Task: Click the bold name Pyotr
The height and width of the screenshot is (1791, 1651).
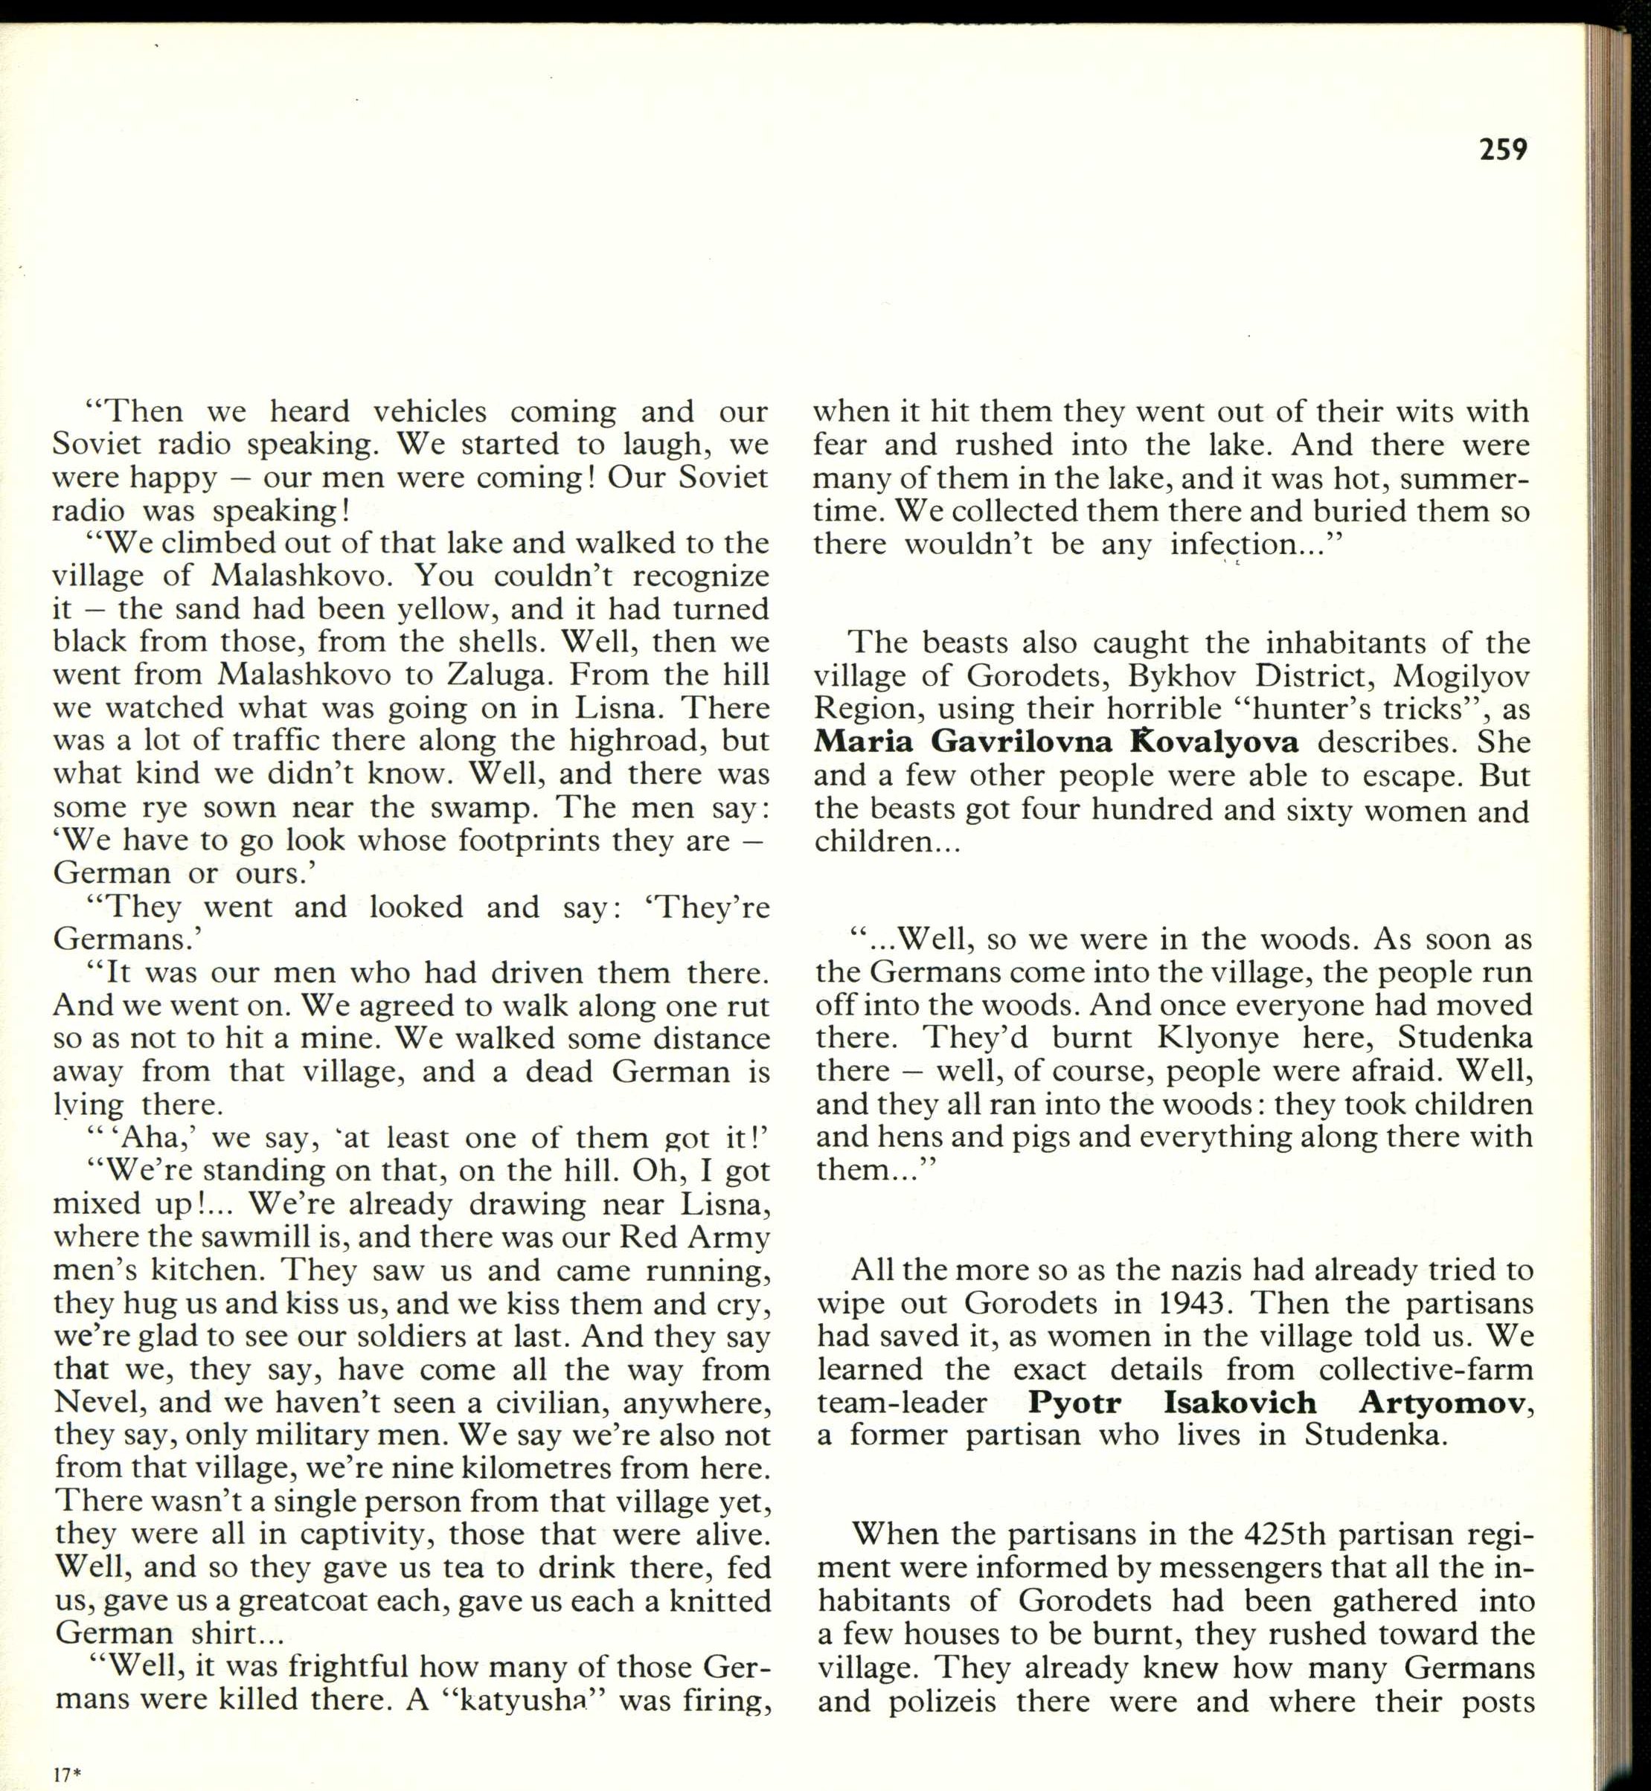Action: pos(1074,1403)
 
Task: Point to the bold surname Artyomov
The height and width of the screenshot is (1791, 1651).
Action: pos(1442,1403)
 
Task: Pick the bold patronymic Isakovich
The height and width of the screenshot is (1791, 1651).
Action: pos(1240,1403)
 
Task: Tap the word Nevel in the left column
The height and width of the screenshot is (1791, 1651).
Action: pos(95,1403)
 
